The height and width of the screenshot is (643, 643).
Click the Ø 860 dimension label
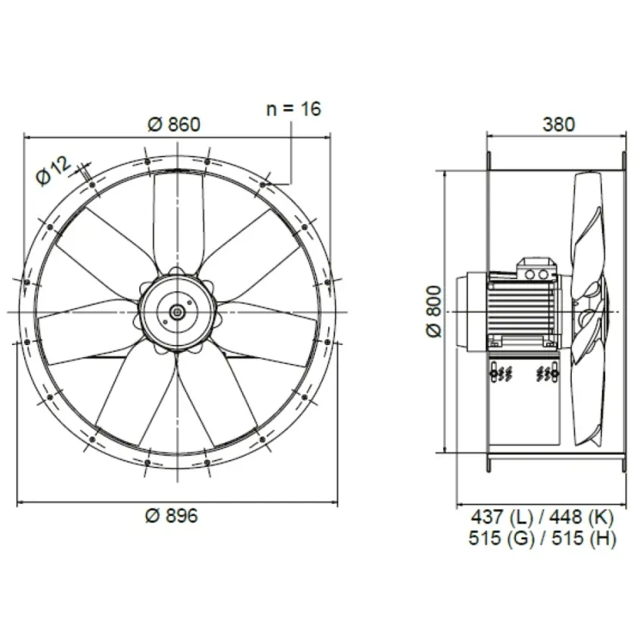click(x=174, y=124)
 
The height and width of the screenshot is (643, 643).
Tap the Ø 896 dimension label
click(x=172, y=515)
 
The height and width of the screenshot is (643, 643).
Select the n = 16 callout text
click(x=294, y=109)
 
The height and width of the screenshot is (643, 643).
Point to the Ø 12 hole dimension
click(x=53, y=171)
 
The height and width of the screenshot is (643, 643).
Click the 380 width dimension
click(x=558, y=124)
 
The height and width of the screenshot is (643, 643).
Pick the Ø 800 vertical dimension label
click(x=434, y=312)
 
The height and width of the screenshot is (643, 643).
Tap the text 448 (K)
click(x=582, y=517)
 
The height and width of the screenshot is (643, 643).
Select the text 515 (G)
click(x=502, y=538)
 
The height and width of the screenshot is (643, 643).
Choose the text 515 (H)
click(x=584, y=538)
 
